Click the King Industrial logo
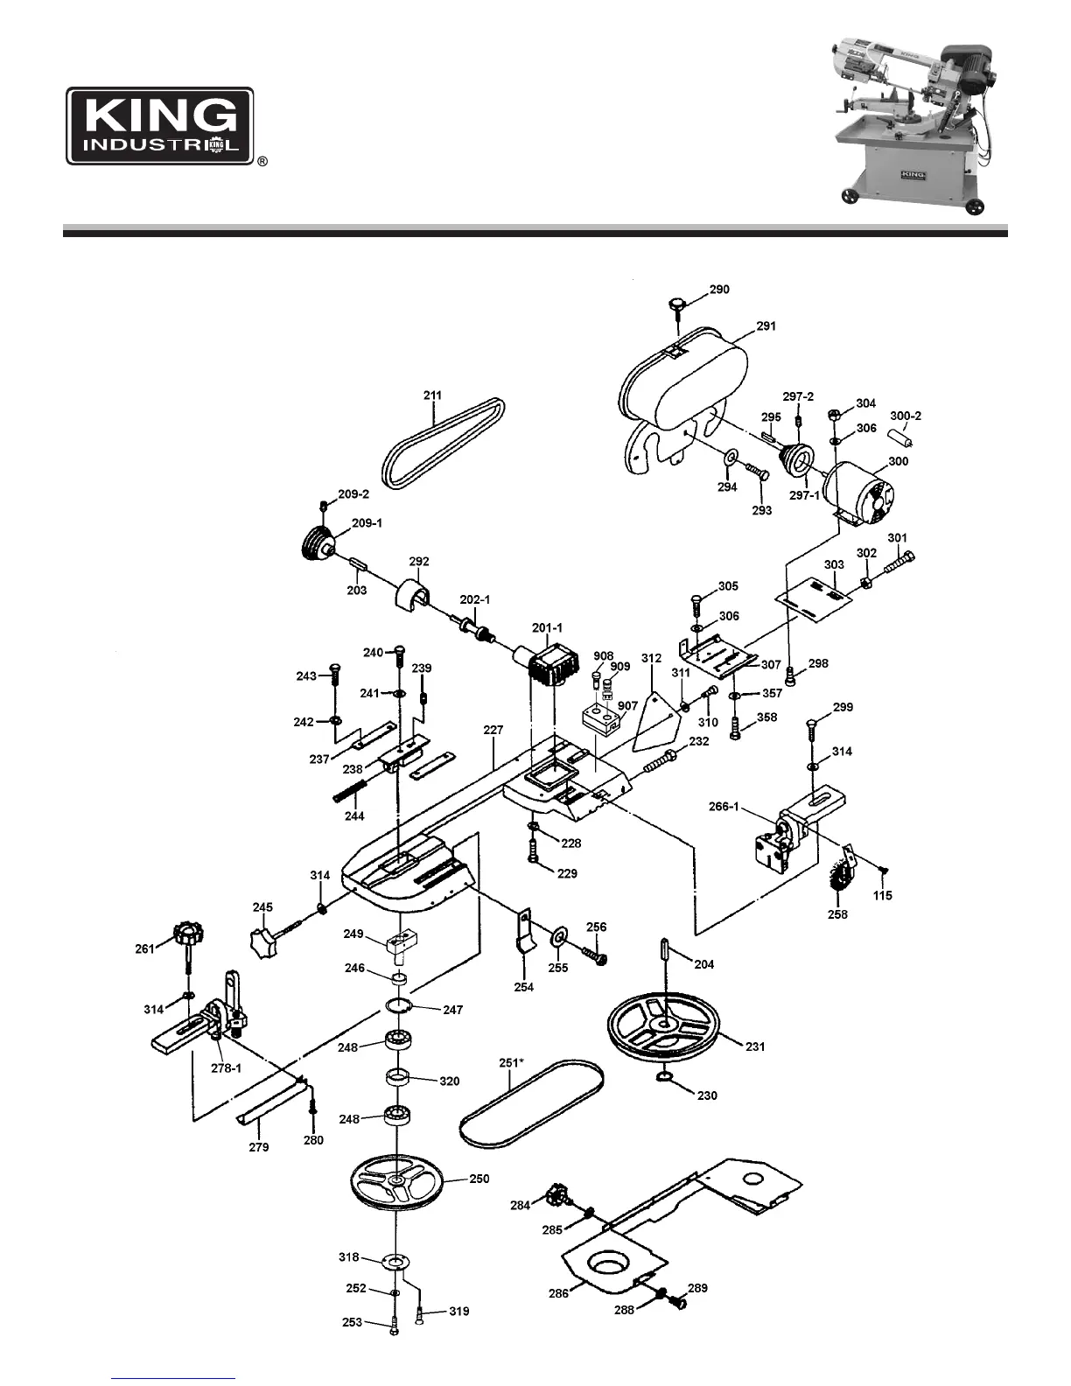[x=161, y=125]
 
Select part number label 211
[x=433, y=395]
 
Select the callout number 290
[x=719, y=290]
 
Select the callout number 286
[x=558, y=1292]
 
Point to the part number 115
[x=882, y=895]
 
